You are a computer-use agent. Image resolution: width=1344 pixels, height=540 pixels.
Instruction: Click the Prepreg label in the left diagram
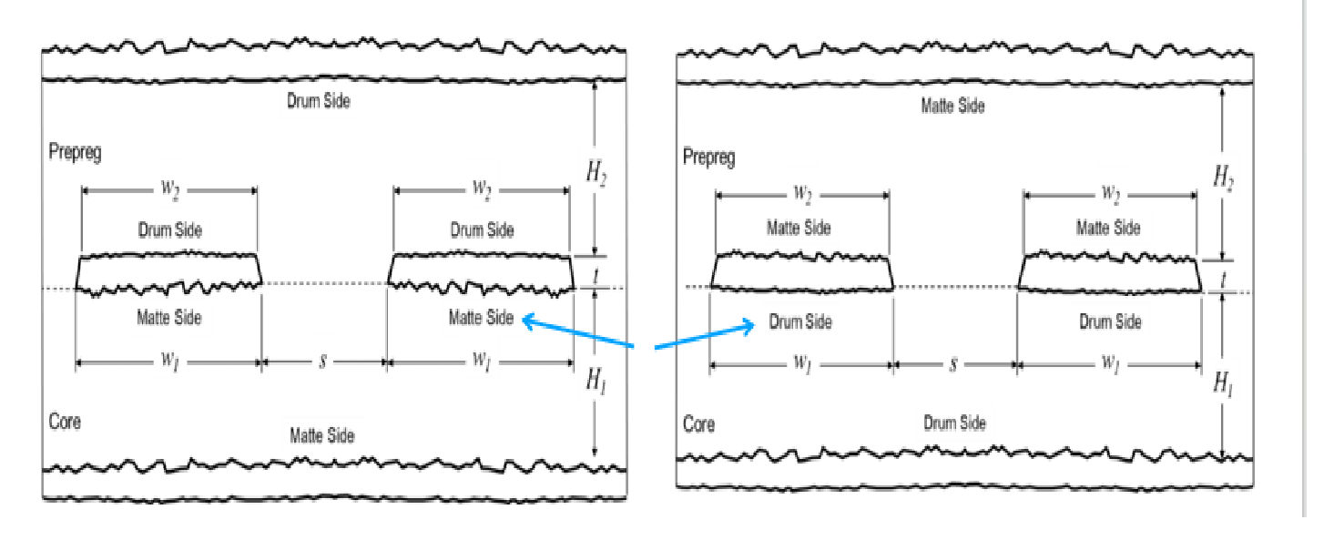75,152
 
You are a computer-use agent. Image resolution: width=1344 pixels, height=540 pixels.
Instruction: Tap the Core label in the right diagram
698,424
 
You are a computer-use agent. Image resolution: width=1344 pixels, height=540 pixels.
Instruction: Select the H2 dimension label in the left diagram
596,173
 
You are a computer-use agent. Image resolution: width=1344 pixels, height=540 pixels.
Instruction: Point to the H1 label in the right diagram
1224,383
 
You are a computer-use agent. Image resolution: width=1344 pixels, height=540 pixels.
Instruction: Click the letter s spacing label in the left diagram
323,362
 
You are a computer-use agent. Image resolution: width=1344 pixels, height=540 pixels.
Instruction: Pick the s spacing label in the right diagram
952,364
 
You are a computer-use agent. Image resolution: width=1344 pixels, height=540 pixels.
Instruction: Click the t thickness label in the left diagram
596,276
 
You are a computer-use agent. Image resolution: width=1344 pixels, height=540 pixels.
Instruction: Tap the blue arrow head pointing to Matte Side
529,321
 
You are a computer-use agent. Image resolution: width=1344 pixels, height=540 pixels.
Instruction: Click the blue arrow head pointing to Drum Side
748,326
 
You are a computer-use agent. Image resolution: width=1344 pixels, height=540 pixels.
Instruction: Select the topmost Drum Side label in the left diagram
318,101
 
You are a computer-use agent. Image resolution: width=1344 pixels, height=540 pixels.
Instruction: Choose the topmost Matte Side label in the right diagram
952,107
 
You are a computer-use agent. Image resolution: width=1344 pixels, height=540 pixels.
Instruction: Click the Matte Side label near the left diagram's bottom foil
322,435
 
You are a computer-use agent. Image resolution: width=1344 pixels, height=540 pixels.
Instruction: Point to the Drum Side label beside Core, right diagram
954,423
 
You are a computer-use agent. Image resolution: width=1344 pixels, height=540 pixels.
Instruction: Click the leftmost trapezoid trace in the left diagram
168,273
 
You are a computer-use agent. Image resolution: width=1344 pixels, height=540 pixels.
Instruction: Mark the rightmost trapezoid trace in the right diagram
1109,273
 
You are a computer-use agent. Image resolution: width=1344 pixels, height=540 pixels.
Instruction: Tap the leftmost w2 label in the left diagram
169,189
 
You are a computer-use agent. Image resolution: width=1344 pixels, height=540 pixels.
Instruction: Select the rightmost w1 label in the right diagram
1110,363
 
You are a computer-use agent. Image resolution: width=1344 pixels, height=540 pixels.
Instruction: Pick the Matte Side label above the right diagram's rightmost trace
1108,228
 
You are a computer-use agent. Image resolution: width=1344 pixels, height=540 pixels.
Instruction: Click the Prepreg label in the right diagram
709,158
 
